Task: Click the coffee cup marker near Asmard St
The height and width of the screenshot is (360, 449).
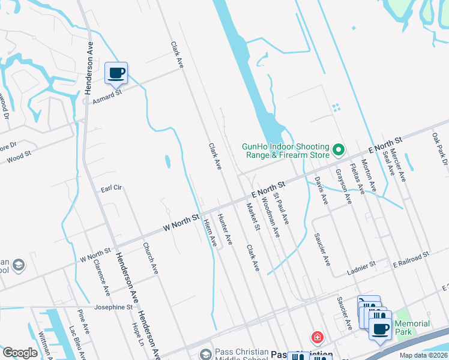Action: coord(116,73)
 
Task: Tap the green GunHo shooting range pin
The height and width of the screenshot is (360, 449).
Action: coord(339,149)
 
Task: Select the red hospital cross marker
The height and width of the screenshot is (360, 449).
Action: coord(316,337)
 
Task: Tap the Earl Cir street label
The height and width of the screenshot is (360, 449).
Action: coord(111,188)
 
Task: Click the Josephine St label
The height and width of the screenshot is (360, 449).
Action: coord(113,307)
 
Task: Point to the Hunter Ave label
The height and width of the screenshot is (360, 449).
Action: coord(225,229)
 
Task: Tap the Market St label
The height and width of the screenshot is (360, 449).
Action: coord(252,217)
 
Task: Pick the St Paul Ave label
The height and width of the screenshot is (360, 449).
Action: coord(282,208)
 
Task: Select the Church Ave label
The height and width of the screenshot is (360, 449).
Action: coord(150,258)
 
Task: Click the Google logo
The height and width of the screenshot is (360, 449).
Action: coord(20,353)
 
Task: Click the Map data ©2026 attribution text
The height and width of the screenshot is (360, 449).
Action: coord(423,355)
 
